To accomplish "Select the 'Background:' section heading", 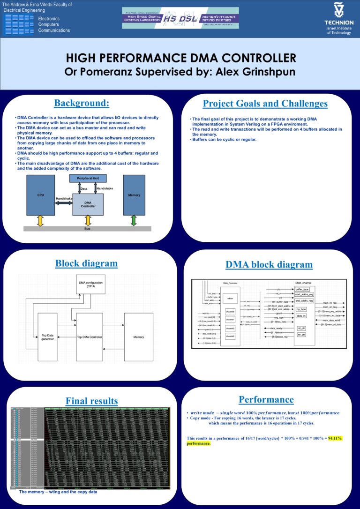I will click(82, 103).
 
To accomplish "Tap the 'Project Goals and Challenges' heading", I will click(265, 104).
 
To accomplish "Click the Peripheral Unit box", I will click(88, 179).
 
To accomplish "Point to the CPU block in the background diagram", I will click(41, 195).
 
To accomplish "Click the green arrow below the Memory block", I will click(134, 220).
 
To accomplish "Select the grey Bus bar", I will click(87, 229).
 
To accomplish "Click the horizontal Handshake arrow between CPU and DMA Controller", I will click(64, 202).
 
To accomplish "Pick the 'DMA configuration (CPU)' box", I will click(91, 284).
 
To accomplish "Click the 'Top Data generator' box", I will click(47, 337).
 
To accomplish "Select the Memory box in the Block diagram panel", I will click(138, 337).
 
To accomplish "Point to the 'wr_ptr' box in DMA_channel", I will click(302, 334).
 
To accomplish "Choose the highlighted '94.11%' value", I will click(335, 438).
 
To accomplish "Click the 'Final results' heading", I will click(91, 401).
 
